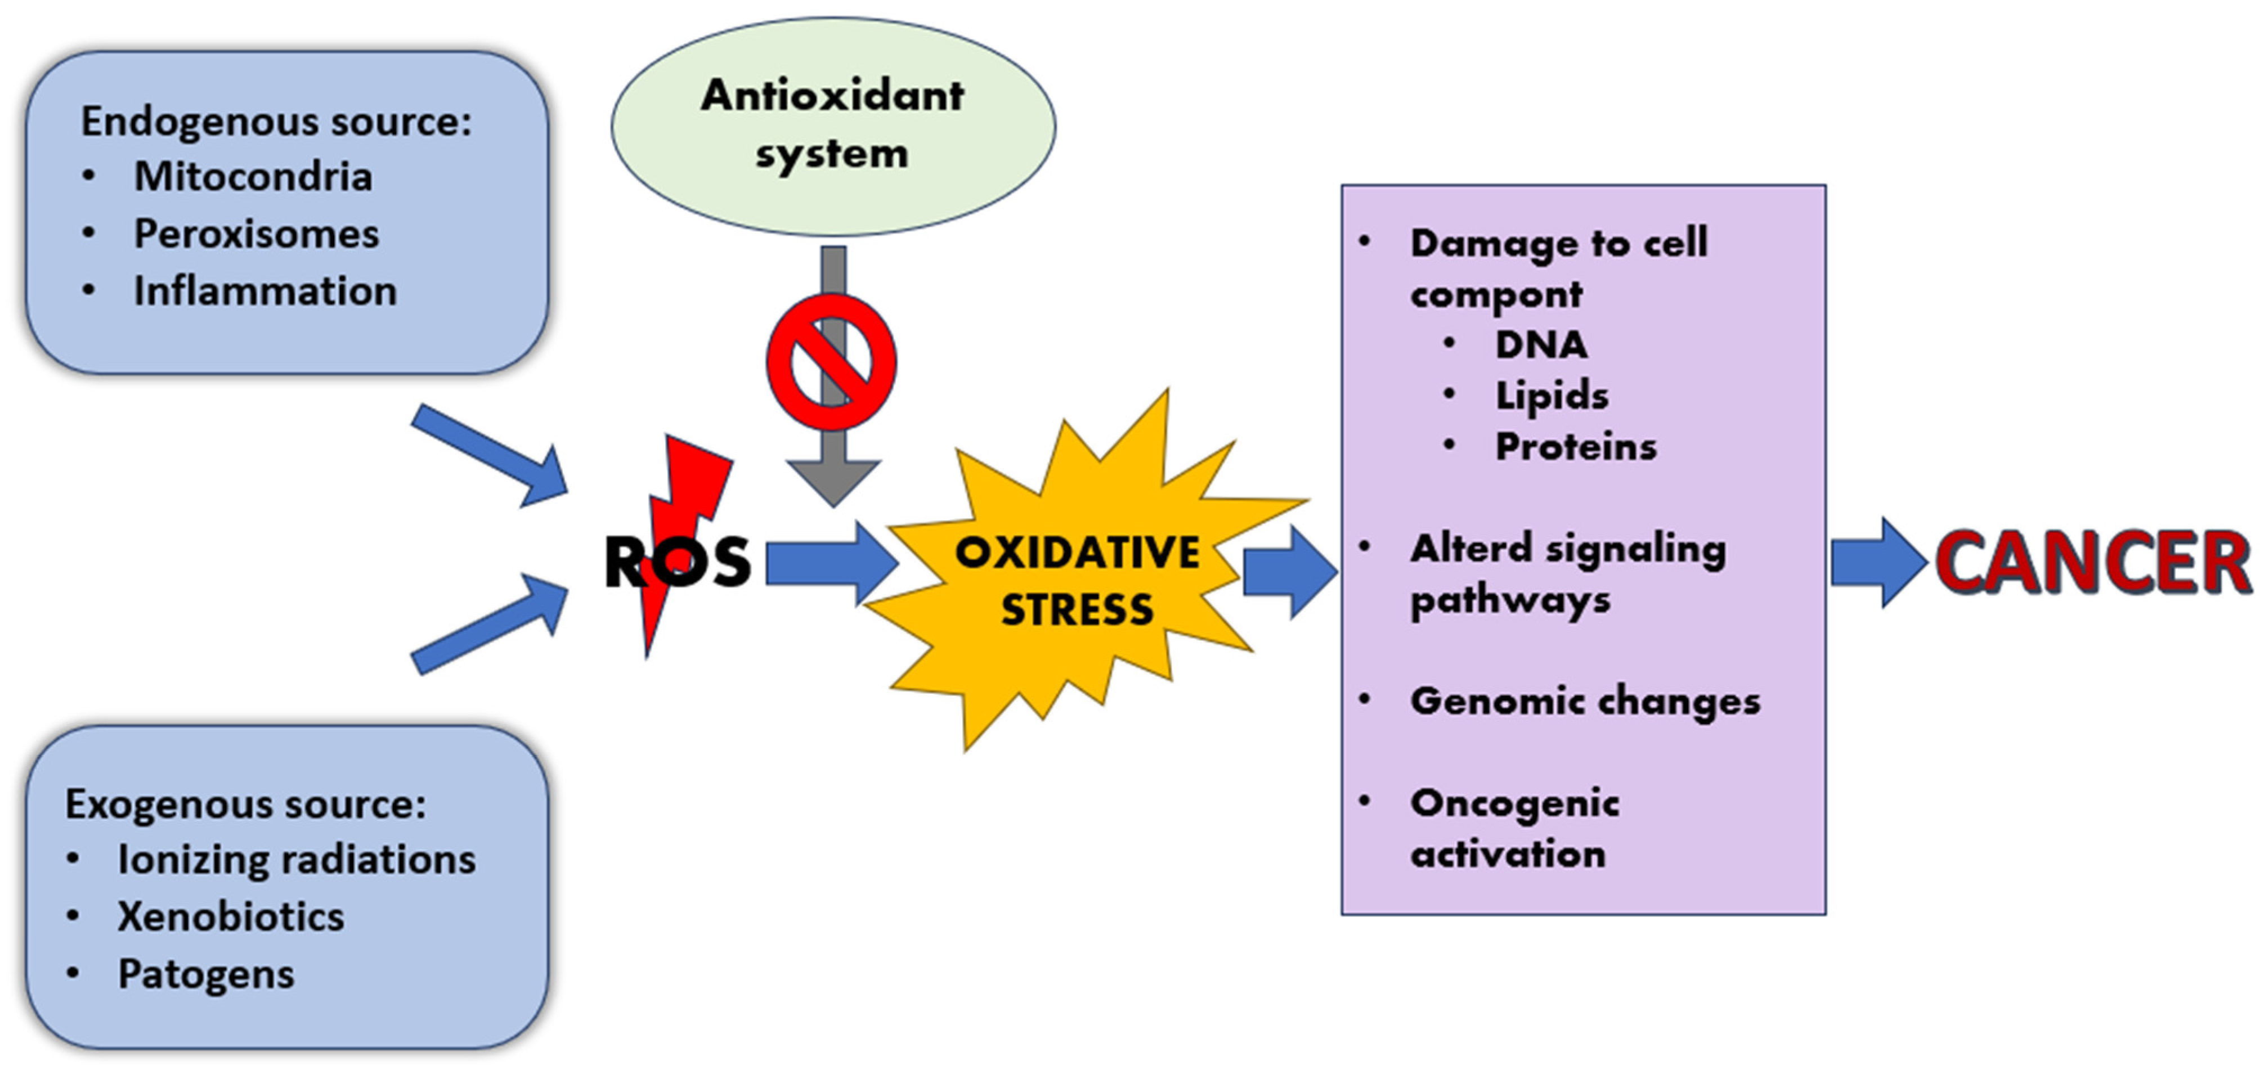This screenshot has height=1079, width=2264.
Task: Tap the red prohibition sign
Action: pos(831,362)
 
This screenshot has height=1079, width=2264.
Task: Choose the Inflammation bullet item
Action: pos(264,291)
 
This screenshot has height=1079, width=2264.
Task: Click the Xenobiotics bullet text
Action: pos(230,916)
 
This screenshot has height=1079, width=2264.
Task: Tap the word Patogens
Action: pos(205,974)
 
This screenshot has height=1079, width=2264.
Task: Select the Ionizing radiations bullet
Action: pos(296,860)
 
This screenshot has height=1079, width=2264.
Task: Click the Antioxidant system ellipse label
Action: pos(832,124)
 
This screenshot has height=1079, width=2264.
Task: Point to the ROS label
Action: pos(677,563)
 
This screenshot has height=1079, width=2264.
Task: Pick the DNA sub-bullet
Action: pos(1541,344)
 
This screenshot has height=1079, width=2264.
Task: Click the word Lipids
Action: pos(1551,395)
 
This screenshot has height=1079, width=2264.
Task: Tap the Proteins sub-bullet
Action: pos(1575,446)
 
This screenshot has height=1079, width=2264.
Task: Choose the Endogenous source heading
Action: pos(276,122)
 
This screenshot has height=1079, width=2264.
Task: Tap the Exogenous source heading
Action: pos(245,803)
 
